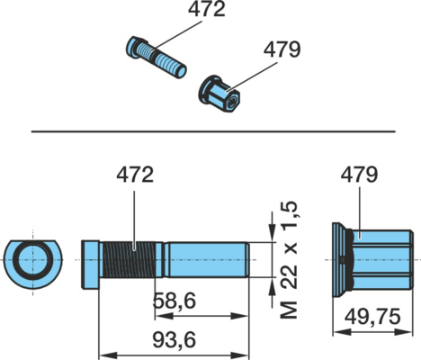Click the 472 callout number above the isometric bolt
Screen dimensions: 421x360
coord(207,9)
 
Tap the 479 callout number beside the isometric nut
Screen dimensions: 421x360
coord(282,49)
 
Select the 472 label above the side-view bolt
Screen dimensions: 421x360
coord(135,175)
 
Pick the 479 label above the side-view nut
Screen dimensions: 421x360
coord(359,175)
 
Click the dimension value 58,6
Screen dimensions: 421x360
coord(175,301)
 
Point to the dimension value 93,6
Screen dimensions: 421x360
coord(175,340)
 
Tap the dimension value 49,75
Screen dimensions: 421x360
coord(372,317)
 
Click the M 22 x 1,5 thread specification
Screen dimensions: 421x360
coord(289,260)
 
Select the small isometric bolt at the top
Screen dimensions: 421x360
coord(156,57)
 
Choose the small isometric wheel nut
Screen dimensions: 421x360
coord(219,94)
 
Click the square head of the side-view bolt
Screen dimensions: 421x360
coord(90,265)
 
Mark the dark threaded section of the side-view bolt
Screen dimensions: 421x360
coord(130,260)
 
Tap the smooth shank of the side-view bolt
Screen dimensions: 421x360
coord(207,260)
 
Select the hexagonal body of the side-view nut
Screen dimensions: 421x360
coord(383,260)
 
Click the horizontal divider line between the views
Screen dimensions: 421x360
coord(213,131)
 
